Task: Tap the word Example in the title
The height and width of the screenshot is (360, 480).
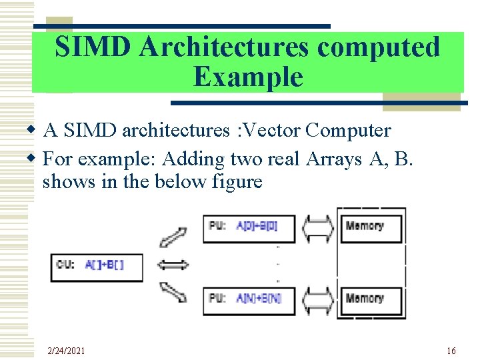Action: [248, 77]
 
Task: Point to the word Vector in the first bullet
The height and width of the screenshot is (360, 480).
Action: [270, 130]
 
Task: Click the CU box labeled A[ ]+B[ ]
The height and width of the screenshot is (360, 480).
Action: [97, 265]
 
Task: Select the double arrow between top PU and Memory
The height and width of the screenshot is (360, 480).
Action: [317, 227]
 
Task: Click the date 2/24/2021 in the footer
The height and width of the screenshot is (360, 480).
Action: [67, 351]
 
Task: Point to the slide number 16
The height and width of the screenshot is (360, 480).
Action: [451, 351]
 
